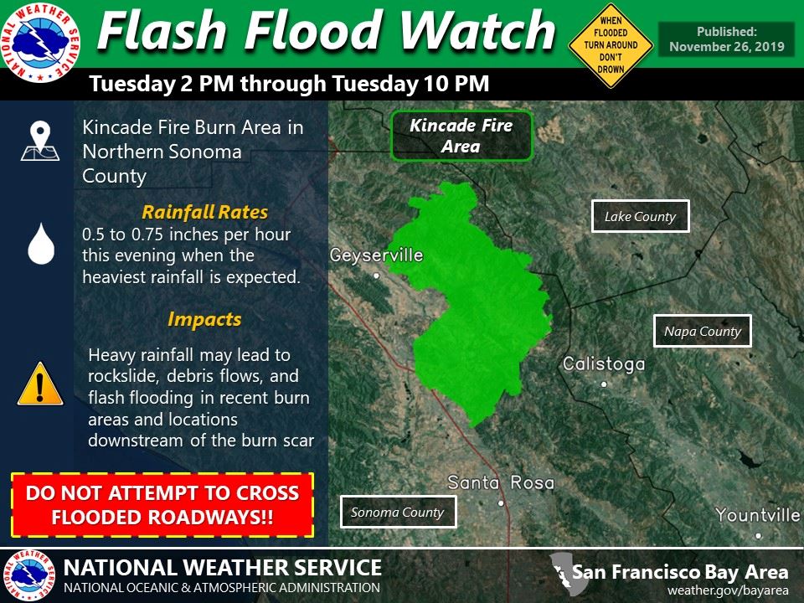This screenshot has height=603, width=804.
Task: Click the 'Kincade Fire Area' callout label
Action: pos(461,136)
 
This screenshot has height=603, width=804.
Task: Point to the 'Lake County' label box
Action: pos(640,217)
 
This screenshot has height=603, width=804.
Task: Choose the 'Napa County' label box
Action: pos(702,331)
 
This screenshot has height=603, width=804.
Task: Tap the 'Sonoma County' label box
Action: pos(398,512)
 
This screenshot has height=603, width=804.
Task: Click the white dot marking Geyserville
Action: pos(377,275)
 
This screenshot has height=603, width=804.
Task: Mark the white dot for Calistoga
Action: pos(604,384)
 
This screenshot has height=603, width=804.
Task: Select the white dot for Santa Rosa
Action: pos(501,503)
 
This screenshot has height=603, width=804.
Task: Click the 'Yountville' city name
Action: pos(758,515)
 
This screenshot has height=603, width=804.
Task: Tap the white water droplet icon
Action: pos(39,244)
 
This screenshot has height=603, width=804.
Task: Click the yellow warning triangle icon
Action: pos(39,385)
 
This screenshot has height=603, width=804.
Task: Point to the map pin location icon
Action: pos(39,141)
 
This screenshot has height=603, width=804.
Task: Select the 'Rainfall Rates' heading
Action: pos(204,212)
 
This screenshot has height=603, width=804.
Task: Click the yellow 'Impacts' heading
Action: pos(204,319)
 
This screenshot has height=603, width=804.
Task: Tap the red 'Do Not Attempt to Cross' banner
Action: pos(162,505)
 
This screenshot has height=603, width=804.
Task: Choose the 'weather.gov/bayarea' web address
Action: pos(727,590)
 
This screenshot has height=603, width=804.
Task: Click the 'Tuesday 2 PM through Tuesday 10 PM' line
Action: pos(289,85)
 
